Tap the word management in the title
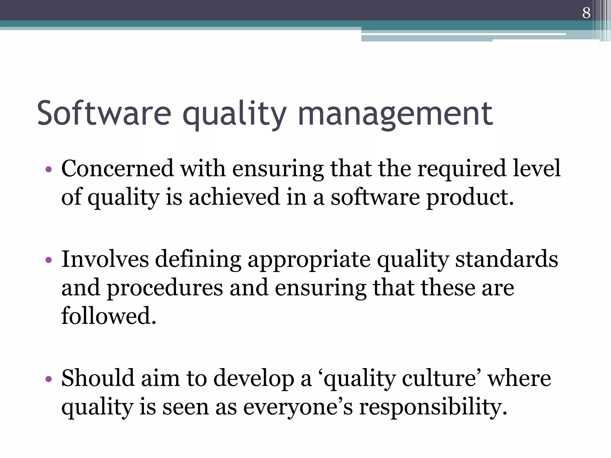(395, 113)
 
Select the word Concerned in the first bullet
(117, 168)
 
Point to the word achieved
(234, 197)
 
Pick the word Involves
(105, 259)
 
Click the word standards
(507, 259)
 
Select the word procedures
(165, 288)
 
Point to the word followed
(109, 316)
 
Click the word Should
(98, 378)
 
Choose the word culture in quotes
(439, 378)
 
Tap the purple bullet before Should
(49, 380)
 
